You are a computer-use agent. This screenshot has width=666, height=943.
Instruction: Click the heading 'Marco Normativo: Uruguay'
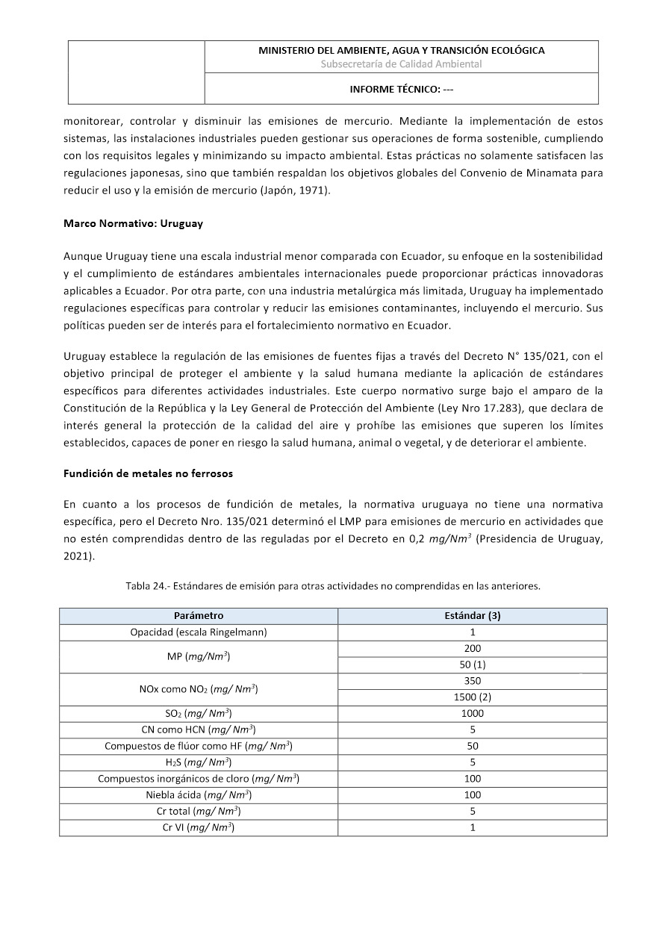(x=133, y=223)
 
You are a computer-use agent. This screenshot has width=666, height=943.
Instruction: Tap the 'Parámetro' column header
(x=199, y=616)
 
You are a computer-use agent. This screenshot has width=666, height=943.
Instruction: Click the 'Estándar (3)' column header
(x=472, y=616)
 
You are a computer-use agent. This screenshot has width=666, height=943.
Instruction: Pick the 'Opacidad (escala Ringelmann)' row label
(x=199, y=632)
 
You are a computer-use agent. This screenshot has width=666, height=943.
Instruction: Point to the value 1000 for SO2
(x=472, y=713)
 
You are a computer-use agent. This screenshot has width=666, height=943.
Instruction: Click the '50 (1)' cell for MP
(x=472, y=665)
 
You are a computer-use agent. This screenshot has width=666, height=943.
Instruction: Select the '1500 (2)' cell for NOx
(x=472, y=697)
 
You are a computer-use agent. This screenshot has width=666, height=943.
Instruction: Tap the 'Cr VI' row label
(x=199, y=827)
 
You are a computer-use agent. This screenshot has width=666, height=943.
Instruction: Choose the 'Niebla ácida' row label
(x=199, y=795)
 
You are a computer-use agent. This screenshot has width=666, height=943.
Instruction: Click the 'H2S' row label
(x=199, y=762)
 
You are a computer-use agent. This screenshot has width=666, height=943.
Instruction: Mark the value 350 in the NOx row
(x=472, y=681)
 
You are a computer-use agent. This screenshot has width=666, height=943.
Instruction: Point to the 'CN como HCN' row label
(x=199, y=729)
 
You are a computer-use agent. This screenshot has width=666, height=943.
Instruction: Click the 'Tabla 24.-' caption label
(x=147, y=586)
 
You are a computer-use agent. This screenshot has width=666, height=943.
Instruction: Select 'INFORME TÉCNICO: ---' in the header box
(x=402, y=89)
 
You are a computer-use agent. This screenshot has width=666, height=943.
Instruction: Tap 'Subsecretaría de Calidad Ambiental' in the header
(x=401, y=64)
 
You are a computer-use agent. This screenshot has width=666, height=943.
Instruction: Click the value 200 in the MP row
(x=472, y=648)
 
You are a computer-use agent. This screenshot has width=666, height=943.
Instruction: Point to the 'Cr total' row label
(x=199, y=811)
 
